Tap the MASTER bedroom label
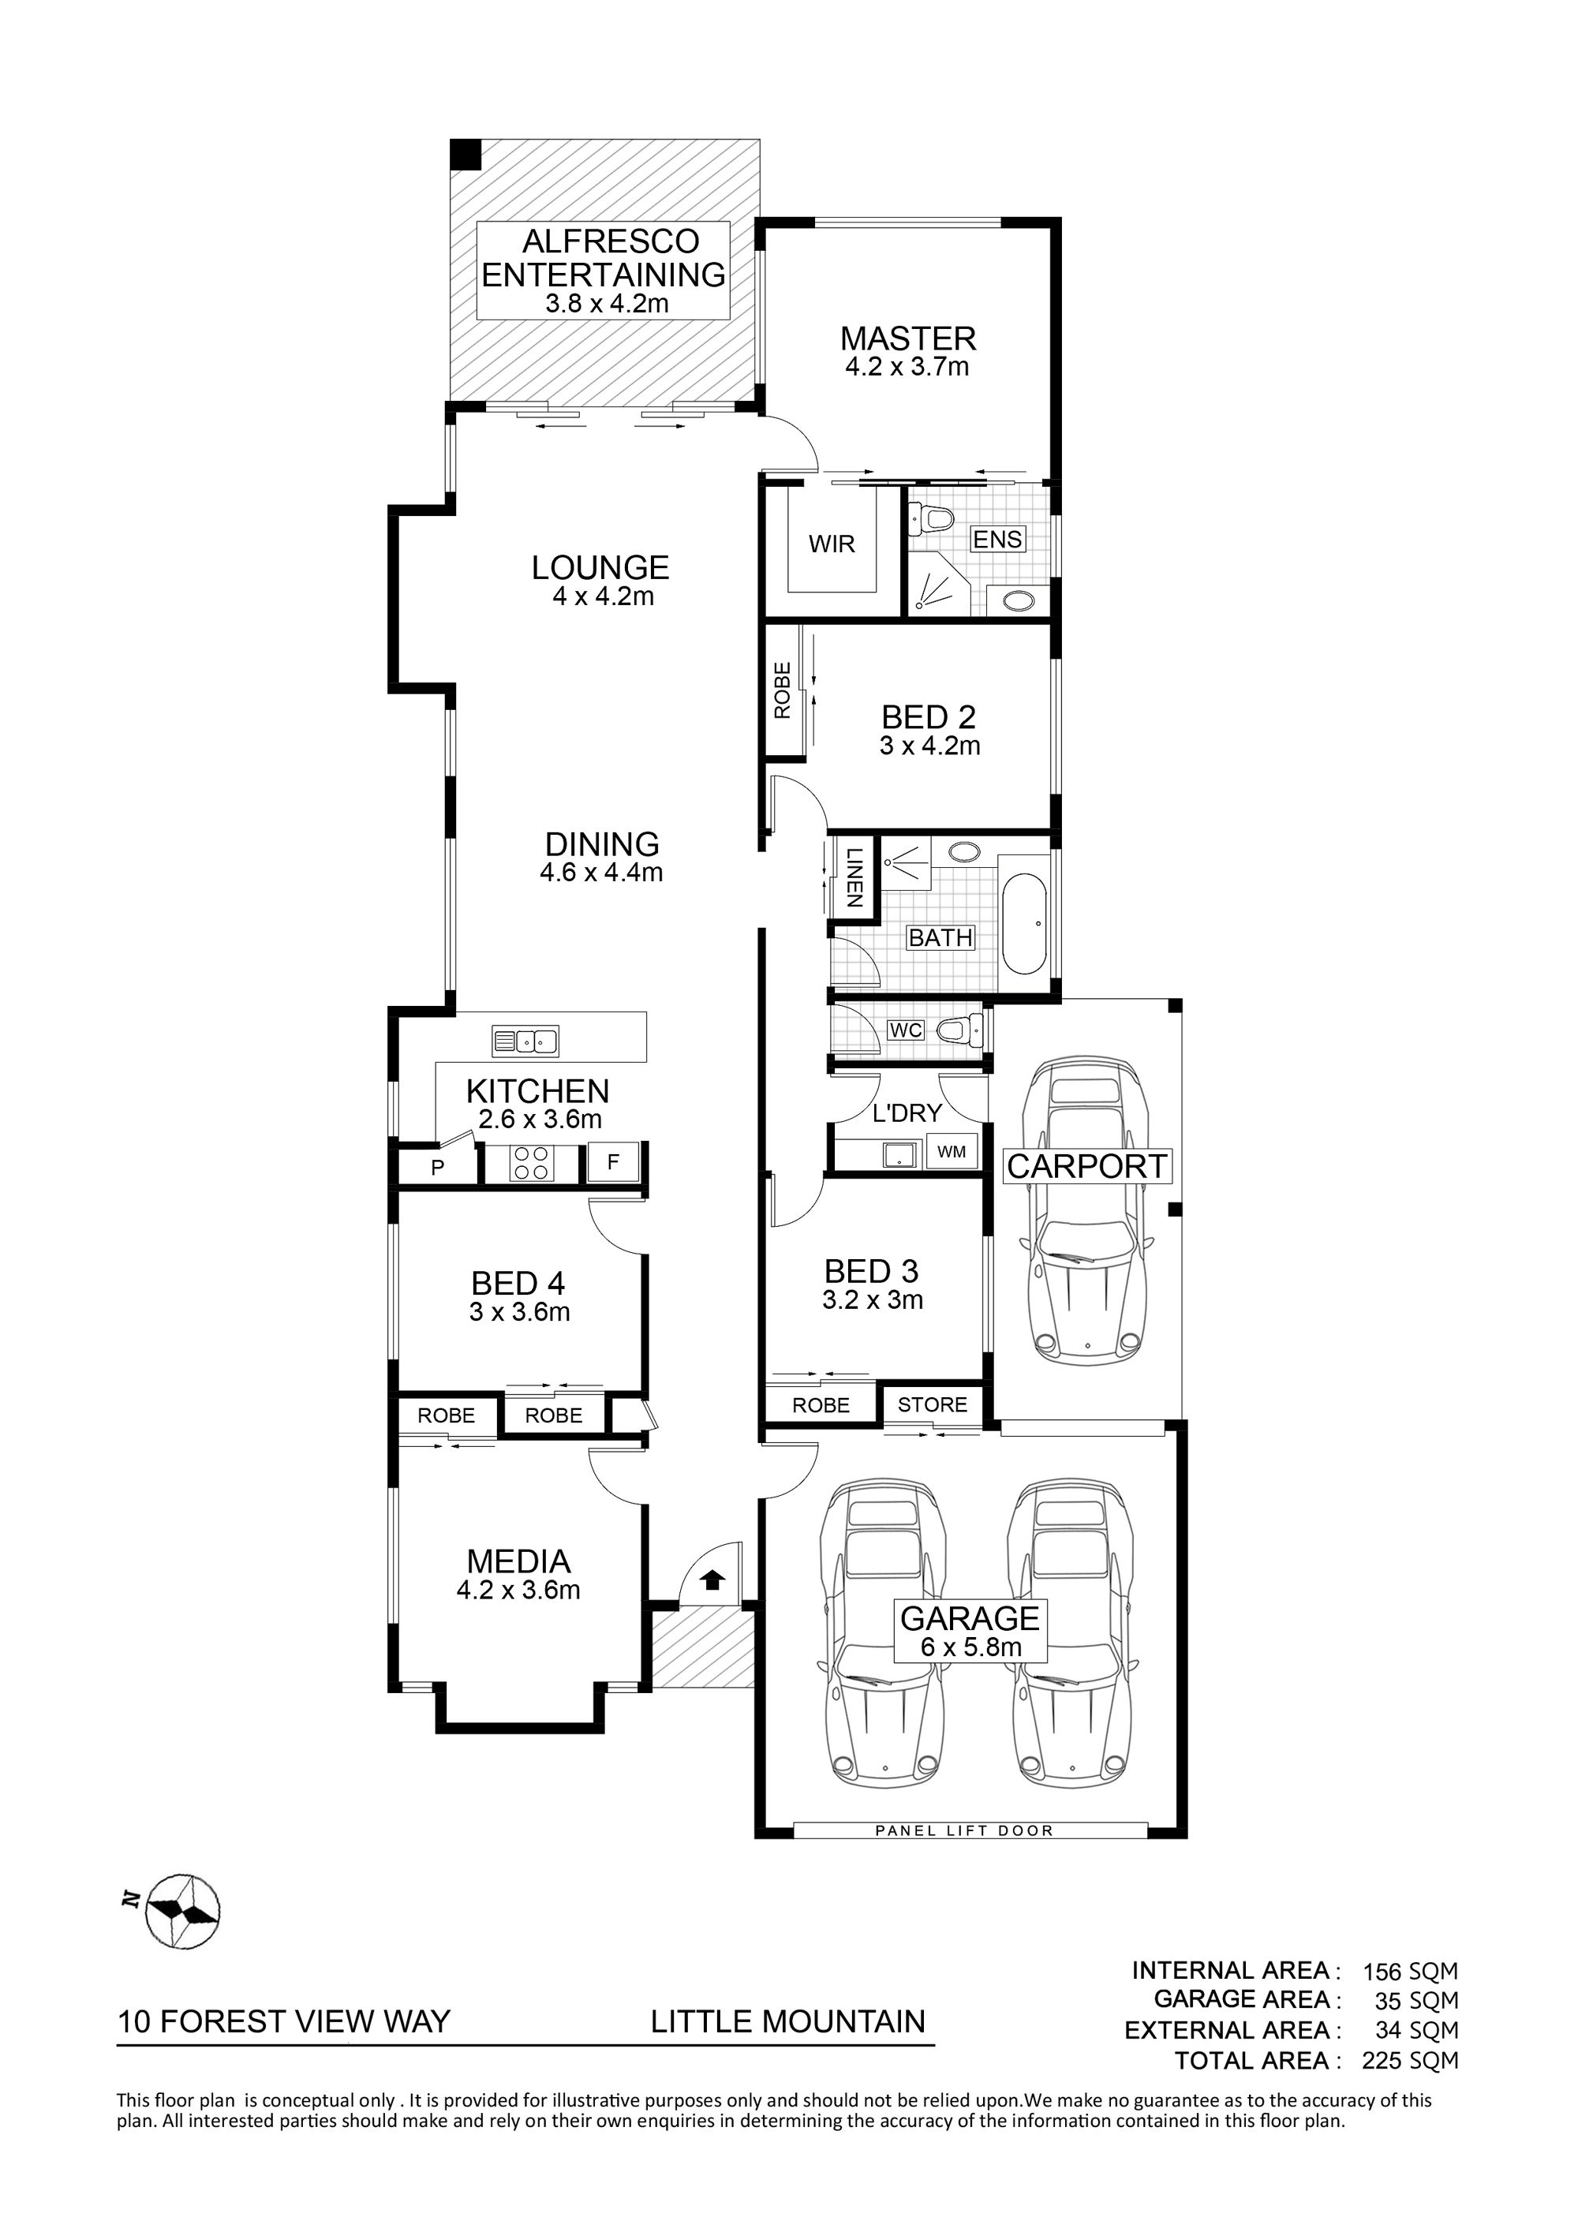click(x=907, y=338)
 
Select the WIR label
click(x=832, y=544)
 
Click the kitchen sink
click(x=525, y=1041)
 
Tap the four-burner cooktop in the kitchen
click(x=531, y=1164)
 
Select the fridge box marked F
click(x=612, y=1163)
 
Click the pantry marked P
click(x=438, y=1168)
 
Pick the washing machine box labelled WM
click(x=951, y=1152)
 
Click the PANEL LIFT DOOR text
click(x=964, y=1830)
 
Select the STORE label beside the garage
click(x=933, y=1404)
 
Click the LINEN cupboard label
click(x=854, y=878)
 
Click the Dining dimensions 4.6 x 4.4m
click(x=602, y=873)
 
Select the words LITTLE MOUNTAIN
click(x=787, y=2022)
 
